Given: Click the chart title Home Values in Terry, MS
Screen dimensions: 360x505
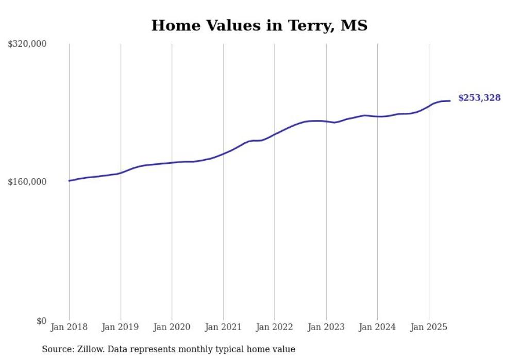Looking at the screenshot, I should [x=259, y=25].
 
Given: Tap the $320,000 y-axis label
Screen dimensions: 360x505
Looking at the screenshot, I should [x=27, y=44].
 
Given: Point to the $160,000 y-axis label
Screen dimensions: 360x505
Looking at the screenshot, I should [x=27, y=182].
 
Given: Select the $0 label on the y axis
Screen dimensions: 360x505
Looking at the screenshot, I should [x=41, y=321].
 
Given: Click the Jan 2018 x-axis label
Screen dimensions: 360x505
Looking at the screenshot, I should [x=69, y=327].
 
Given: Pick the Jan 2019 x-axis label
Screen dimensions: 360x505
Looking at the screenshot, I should [x=121, y=327].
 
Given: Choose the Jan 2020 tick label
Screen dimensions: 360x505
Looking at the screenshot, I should [x=172, y=327].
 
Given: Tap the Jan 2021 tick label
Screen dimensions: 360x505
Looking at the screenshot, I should [x=223, y=327].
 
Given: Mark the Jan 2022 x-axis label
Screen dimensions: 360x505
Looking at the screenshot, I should [x=275, y=327].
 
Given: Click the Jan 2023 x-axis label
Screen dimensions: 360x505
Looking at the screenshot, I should [x=326, y=327].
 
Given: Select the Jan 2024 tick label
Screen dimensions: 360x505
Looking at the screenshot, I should [x=377, y=327].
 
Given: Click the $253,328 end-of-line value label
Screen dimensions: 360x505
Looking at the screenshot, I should [x=479, y=98].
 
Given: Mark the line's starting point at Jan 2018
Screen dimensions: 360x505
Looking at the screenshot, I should [x=70, y=181].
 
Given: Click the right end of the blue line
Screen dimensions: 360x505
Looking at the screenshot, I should [x=450, y=101].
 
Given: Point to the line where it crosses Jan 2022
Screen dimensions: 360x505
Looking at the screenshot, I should [x=275, y=134].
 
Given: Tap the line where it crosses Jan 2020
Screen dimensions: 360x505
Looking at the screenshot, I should [x=172, y=163].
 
